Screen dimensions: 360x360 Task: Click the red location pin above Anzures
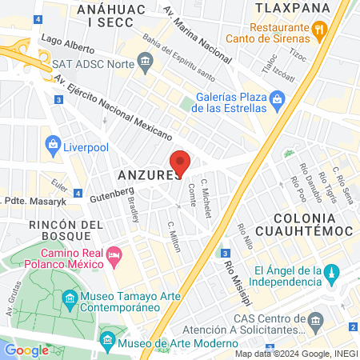click(181, 162)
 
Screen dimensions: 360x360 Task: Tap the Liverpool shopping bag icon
click(54, 145)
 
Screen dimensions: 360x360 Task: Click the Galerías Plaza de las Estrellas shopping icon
click(277, 99)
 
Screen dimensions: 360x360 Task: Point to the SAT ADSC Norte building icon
click(145, 61)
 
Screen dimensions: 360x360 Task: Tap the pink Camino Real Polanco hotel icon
click(114, 255)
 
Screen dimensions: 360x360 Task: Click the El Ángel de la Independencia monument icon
click(329, 276)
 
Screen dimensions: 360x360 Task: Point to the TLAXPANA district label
click(293, 8)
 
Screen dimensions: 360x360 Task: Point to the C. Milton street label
click(174, 236)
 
